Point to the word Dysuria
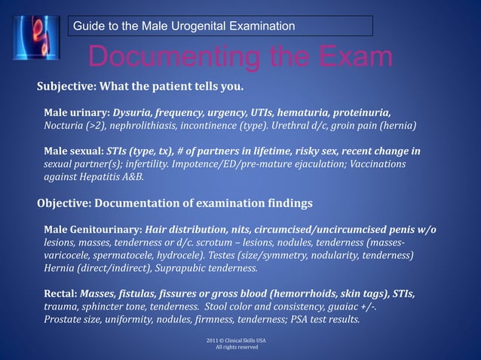[x=133, y=111]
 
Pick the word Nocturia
[x=64, y=125]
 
